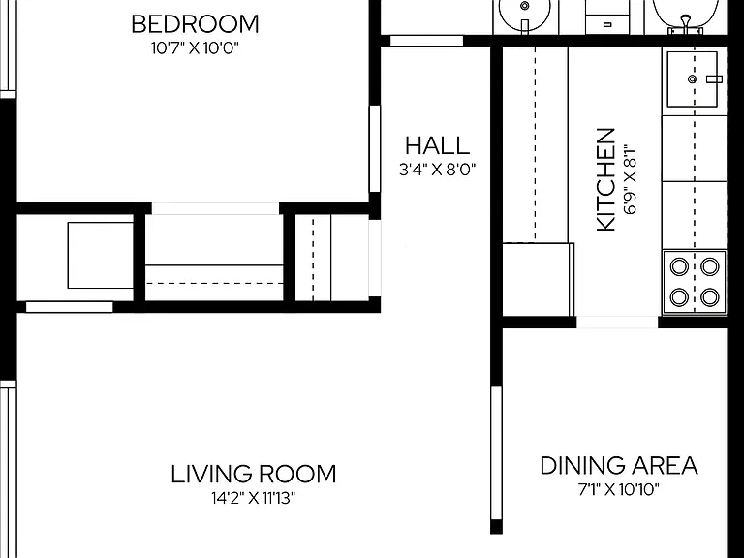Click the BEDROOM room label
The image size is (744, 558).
(x=195, y=24)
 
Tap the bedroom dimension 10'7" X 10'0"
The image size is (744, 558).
(x=195, y=47)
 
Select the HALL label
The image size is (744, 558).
(x=438, y=145)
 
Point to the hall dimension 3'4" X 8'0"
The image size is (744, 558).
(x=438, y=170)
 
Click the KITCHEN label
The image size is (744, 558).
(x=605, y=180)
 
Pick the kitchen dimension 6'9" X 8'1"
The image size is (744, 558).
(x=630, y=180)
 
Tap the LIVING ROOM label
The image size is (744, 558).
(x=254, y=474)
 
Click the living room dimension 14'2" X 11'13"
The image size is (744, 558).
(x=254, y=498)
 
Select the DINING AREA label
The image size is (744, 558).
(x=619, y=465)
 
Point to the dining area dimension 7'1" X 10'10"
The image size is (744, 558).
(x=619, y=489)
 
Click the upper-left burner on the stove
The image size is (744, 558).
(x=679, y=266)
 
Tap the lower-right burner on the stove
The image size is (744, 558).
(x=710, y=297)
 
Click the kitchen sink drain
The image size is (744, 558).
(x=693, y=79)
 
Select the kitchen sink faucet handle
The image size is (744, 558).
(x=714, y=79)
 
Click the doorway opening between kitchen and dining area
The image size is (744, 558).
(x=617, y=323)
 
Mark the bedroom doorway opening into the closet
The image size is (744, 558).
(x=215, y=208)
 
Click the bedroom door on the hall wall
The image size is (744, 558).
(x=375, y=148)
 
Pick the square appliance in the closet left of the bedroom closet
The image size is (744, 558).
(x=101, y=256)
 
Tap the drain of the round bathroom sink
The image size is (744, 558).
(x=525, y=6)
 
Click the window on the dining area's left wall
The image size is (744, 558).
(x=496, y=453)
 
